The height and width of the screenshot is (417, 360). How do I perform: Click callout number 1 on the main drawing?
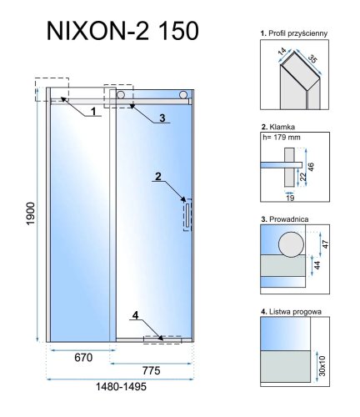[x=94, y=110]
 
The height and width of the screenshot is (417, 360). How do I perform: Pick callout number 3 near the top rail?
[x=162, y=117]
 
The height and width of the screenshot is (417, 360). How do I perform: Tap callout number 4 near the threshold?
[x=156, y=316]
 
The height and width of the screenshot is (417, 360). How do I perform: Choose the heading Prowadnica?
[x=281, y=221]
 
